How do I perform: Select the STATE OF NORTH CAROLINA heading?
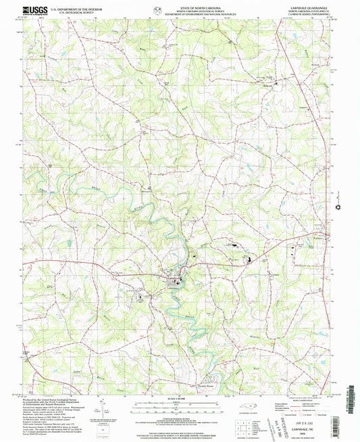point(178,5)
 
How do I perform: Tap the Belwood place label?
point(269,84)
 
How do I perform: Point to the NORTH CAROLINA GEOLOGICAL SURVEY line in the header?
point(178,9)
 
